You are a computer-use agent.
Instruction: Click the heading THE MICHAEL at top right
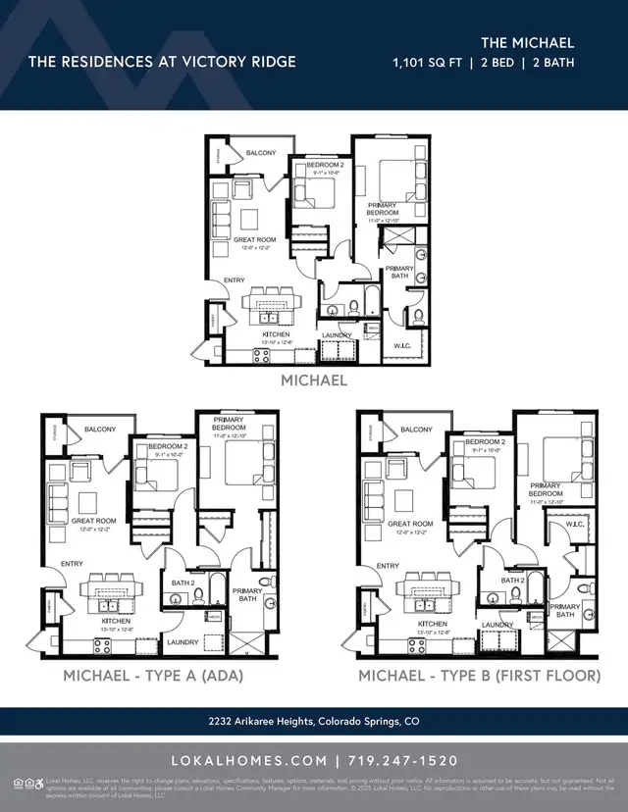pos(527,42)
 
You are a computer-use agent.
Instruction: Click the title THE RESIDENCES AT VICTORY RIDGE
pos(162,62)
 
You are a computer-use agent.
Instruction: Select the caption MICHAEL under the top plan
pos(314,380)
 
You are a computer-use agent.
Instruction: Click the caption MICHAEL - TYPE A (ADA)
pos(153,677)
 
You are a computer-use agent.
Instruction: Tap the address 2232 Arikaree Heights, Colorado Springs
pos(314,722)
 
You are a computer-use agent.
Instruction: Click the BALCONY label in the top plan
pos(261,153)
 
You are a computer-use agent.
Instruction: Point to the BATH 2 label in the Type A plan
pos(183,583)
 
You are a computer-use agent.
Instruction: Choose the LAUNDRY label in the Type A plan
pos(183,642)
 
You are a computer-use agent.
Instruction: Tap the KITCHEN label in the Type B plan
pos(433,624)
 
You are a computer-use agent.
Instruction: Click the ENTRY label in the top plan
pos(235,280)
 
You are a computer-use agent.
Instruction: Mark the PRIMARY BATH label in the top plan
pos(398,272)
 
